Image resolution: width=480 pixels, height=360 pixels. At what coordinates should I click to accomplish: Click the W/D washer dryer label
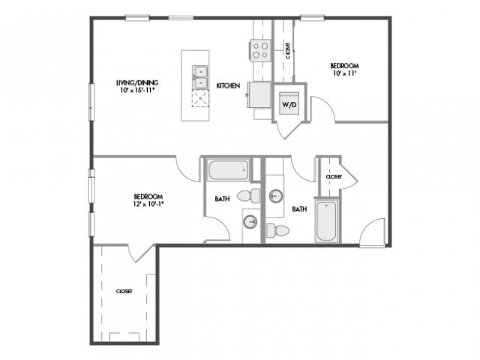point(289,105)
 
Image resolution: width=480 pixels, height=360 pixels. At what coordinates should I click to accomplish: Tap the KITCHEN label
point(228,85)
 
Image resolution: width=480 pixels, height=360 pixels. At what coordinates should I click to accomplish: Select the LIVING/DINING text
point(137,82)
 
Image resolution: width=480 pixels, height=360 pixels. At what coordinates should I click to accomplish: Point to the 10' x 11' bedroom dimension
point(345,73)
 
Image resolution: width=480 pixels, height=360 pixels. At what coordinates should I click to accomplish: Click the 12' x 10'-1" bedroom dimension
point(148,204)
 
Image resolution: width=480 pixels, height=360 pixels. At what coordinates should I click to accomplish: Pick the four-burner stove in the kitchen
point(260,50)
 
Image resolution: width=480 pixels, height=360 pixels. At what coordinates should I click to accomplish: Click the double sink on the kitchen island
point(200,77)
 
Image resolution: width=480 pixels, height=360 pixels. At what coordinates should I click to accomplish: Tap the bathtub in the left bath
point(228,170)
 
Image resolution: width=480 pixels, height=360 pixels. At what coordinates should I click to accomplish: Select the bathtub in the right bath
point(327,220)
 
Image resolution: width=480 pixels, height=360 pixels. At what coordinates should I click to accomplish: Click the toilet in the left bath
point(248,196)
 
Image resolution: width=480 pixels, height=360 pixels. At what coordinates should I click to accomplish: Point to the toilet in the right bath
point(277,230)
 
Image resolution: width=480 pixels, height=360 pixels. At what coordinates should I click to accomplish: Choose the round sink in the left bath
point(250,221)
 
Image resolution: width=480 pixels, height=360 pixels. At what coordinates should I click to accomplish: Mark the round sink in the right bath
point(276,196)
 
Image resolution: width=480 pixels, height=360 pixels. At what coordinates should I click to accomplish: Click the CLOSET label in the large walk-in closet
point(124,292)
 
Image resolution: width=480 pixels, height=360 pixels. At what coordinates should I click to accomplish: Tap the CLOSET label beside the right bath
point(334,177)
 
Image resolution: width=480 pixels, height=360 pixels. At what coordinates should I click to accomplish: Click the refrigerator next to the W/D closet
point(259,95)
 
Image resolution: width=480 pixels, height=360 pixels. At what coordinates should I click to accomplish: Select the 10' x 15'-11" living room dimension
point(137,90)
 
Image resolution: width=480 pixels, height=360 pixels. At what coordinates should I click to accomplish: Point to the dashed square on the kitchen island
point(200,98)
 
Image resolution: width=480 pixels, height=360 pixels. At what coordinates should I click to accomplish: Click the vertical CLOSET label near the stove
point(288,50)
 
